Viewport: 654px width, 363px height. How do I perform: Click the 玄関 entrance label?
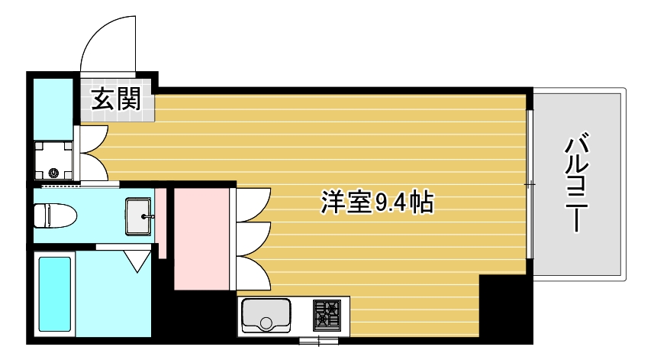[x=117, y=99]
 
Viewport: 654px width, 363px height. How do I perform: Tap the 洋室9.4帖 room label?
[x=377, y=203]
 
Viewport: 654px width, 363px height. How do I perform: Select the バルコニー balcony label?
[x=579, y=183]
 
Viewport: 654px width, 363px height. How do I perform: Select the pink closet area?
[x=201, y=238]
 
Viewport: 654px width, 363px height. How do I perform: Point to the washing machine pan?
[x=56, y=158]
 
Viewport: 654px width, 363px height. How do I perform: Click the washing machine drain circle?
[x=53, y=173]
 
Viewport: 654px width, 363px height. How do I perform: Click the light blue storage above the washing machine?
[x=54, y=102]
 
